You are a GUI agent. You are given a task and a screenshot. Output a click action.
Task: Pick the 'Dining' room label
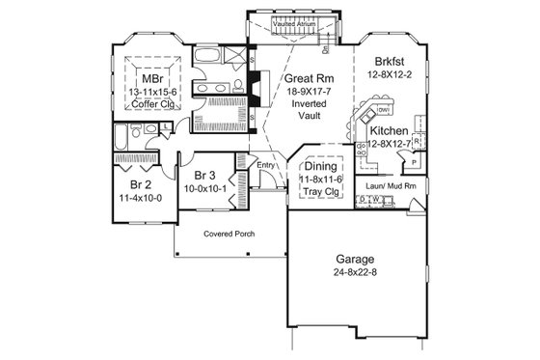[x=320, y=167]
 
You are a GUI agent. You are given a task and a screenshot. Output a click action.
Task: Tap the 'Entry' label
[x=267, y=166]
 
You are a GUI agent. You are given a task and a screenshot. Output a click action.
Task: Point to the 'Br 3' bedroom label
[x=203, y=176]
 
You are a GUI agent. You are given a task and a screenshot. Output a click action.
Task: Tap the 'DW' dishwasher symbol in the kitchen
[x=383, y=110]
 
